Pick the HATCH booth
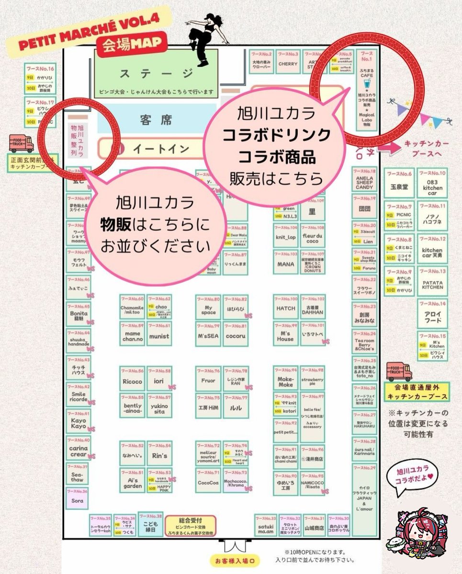point(286,309)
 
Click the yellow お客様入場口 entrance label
point(235,560)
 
